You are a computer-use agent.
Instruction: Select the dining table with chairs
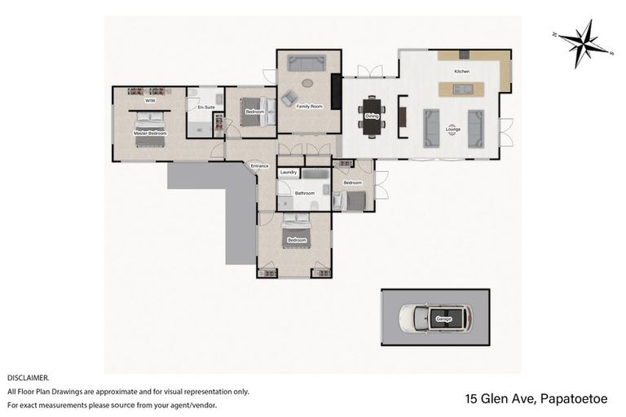coord(372,113)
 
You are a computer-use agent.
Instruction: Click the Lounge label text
coord(452,129)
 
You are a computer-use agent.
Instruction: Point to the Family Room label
coord(309,107)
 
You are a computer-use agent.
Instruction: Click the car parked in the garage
coord(436,318)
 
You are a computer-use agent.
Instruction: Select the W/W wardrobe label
coord(150,103)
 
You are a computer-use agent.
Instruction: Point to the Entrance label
coord(260,166)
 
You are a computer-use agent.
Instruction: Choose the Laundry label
coord(288,173)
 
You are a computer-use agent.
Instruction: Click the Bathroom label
coord(304,193)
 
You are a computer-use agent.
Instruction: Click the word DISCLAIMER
coord(29,379)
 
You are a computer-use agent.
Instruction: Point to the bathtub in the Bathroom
coord(314,174)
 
